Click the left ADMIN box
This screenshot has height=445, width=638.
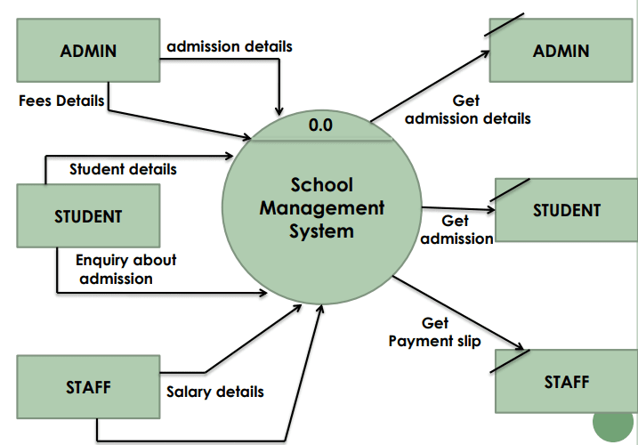pos(88,51)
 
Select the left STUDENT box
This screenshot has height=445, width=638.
pos(88,215)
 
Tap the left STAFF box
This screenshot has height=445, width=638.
pos(88,387)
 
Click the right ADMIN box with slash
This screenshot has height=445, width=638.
pos(561,51)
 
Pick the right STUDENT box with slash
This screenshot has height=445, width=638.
pos(567,210)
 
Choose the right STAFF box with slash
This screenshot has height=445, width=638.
pos(567,382)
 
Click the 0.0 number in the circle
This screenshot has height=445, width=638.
pos(320,125)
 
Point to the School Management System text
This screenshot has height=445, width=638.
pos(322,208)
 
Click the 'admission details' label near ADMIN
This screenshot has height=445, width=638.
pos(230,46)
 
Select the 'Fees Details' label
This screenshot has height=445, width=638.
pos(61,101)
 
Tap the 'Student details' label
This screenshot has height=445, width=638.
pos(123,169)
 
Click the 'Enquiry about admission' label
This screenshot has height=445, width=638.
pos(125,269)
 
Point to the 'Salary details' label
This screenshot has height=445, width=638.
pos(214,392)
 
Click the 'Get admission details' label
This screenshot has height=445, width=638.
pos(468,109)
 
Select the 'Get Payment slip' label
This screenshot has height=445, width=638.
pos(434,332)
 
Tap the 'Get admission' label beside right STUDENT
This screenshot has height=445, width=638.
pos(456,230)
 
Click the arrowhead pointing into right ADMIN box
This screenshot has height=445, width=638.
pos(486,53)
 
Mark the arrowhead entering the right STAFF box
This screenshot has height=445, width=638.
pos(520,346)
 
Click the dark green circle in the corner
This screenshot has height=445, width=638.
pos(613,423)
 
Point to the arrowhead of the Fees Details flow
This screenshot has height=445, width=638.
pos(247,137)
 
